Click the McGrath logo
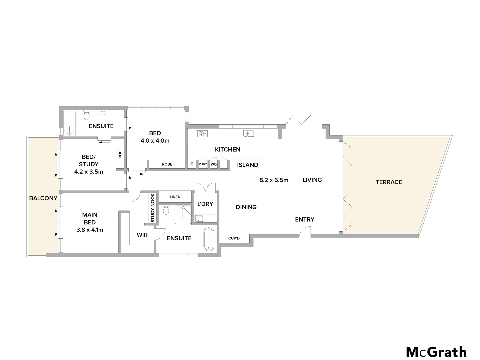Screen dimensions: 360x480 [436, 352]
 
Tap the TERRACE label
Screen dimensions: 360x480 [389, 182]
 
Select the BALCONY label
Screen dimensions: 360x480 [43, 198]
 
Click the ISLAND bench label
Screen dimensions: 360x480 [247, 165]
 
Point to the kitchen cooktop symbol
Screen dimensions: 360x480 [202, 134]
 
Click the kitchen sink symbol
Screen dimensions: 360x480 [248, 134]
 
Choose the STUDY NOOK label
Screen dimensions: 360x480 [153, 208]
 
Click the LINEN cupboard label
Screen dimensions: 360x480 [175, 197]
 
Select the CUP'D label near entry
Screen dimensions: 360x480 [234, 238]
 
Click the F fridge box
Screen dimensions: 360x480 [192, 164]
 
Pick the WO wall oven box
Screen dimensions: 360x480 [214, 164]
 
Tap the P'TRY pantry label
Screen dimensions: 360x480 [203, 164]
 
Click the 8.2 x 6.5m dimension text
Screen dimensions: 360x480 [274, 180]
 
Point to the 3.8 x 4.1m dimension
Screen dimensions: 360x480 [89, 230]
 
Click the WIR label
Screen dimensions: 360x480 [142, 235]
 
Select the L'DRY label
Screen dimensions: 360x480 [205, 204]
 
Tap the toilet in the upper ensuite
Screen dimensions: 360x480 [87, 116]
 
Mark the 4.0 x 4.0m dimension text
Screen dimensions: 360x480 [155, 141]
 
